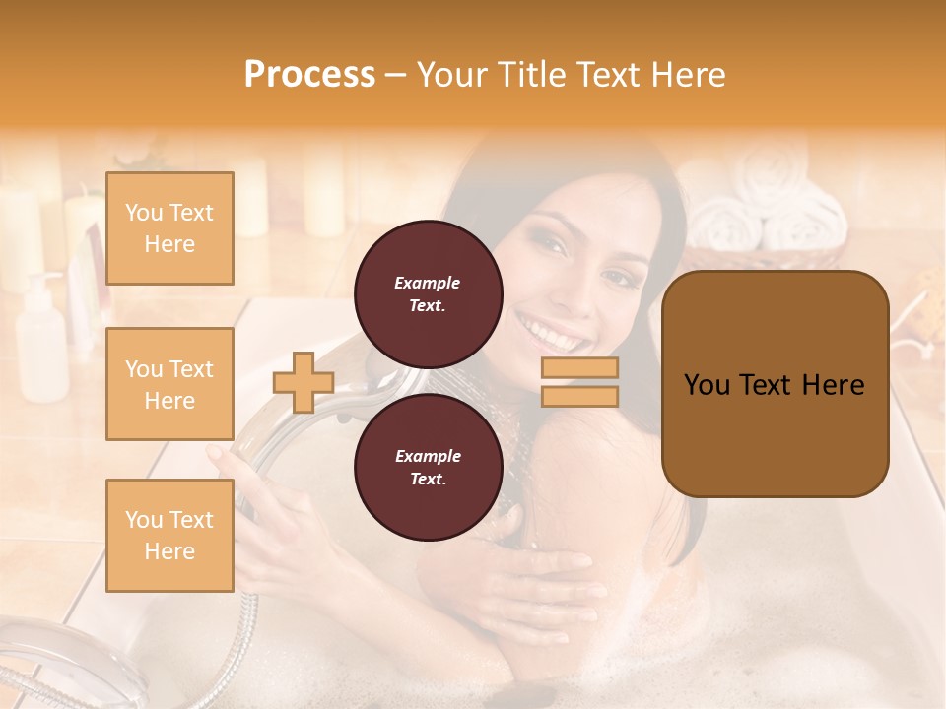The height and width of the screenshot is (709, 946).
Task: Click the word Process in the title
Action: (x=309, y=75)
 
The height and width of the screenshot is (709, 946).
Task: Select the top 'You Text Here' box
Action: (x=169, y=228)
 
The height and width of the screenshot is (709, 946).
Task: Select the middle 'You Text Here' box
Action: (x=169, y=384)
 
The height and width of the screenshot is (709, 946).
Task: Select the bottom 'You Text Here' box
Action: (x=169, y=535)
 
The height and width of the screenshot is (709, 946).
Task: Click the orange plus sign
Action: (x=304, y=382)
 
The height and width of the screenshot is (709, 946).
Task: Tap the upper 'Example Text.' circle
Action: (x=428, y=293)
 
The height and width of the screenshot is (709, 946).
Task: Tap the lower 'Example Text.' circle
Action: (x=428, y=467)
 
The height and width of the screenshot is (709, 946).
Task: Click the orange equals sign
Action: (x=579, y=382)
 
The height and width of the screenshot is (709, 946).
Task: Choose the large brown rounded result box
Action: (x=775, y=384)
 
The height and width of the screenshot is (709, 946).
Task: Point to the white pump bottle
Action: (x=41, y=340)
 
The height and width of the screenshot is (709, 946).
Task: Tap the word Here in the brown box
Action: (x=833, y=385)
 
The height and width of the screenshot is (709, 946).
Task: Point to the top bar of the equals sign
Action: (x=579, y=368)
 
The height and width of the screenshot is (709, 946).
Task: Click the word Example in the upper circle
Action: (x=428, y=283)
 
